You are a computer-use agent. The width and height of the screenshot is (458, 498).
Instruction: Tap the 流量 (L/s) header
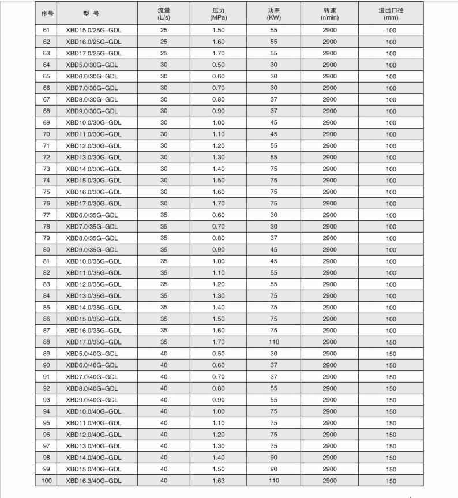tap(164, 13)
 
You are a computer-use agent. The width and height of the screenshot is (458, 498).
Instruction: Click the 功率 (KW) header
tap(273, 13)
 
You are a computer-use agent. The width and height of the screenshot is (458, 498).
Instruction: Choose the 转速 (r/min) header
tap(329, 13)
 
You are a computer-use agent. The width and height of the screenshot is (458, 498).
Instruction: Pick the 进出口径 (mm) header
tap(391, 13)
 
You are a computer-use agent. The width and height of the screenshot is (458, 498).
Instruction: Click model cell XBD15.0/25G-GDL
tap(93, 30)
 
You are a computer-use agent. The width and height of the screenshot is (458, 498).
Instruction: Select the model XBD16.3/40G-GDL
tap(93, 481)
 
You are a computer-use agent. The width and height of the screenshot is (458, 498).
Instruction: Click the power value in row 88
tap(273, 342)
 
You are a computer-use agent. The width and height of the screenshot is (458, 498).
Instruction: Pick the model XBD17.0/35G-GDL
tap(93, 342)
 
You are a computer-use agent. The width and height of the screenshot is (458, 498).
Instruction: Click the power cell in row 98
tap(273, 458)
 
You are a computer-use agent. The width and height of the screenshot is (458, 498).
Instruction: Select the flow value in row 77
tap(164, 215)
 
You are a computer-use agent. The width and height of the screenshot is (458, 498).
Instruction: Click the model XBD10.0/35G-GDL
tap(93, 261)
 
